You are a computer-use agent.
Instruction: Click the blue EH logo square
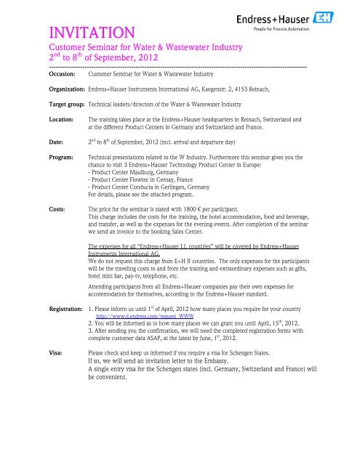click(x=340, y=17)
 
